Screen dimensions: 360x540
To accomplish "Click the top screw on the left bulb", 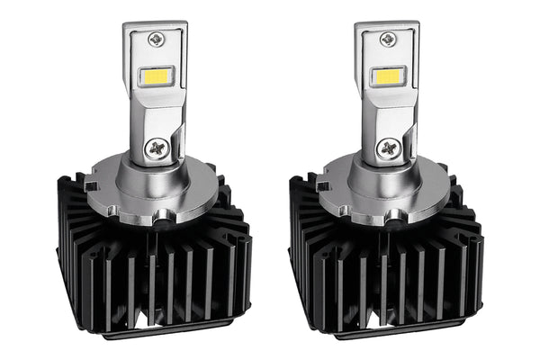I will (x=158, y=39).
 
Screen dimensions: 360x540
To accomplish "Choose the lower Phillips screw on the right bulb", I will (x=391, y=148).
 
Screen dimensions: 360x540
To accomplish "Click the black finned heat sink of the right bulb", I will (x=387, y=270).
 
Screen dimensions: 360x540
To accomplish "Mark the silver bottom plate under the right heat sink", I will (x=396, y=335).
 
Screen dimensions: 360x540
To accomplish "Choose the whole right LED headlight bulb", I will (x=387, y=180).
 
